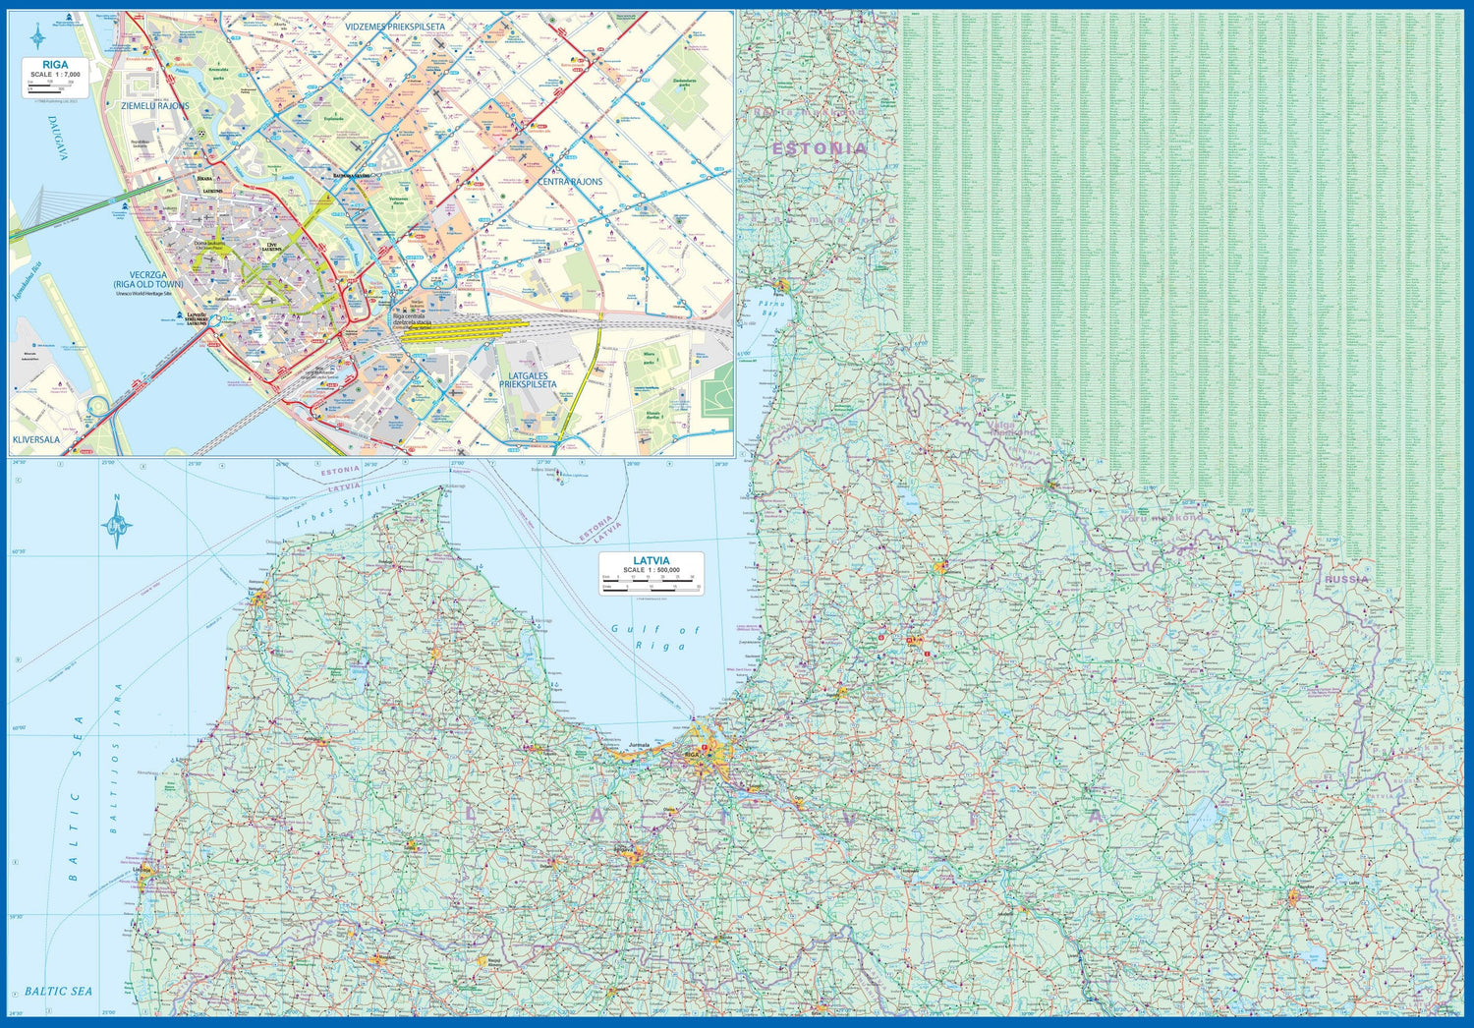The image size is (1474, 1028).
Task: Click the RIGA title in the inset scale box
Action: tap(56, 65)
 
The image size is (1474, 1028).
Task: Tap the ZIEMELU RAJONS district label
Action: tap(154, 105)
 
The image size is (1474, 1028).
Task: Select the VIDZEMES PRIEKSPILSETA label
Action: tap(394, 27)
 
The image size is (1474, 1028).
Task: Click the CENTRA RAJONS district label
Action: tap(570, 182)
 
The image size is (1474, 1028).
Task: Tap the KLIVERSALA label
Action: tap(36, 439)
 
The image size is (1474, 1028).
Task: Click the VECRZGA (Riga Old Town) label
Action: tap(148, 280)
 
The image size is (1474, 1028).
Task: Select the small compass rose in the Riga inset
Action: tap(37, 37)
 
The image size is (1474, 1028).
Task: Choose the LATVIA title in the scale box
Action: tap(651, 561)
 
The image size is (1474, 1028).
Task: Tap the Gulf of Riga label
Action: tap(654, 637)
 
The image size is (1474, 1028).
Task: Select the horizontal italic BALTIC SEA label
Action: tap(59, 991)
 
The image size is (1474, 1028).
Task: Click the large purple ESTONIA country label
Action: tap(820, 148)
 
